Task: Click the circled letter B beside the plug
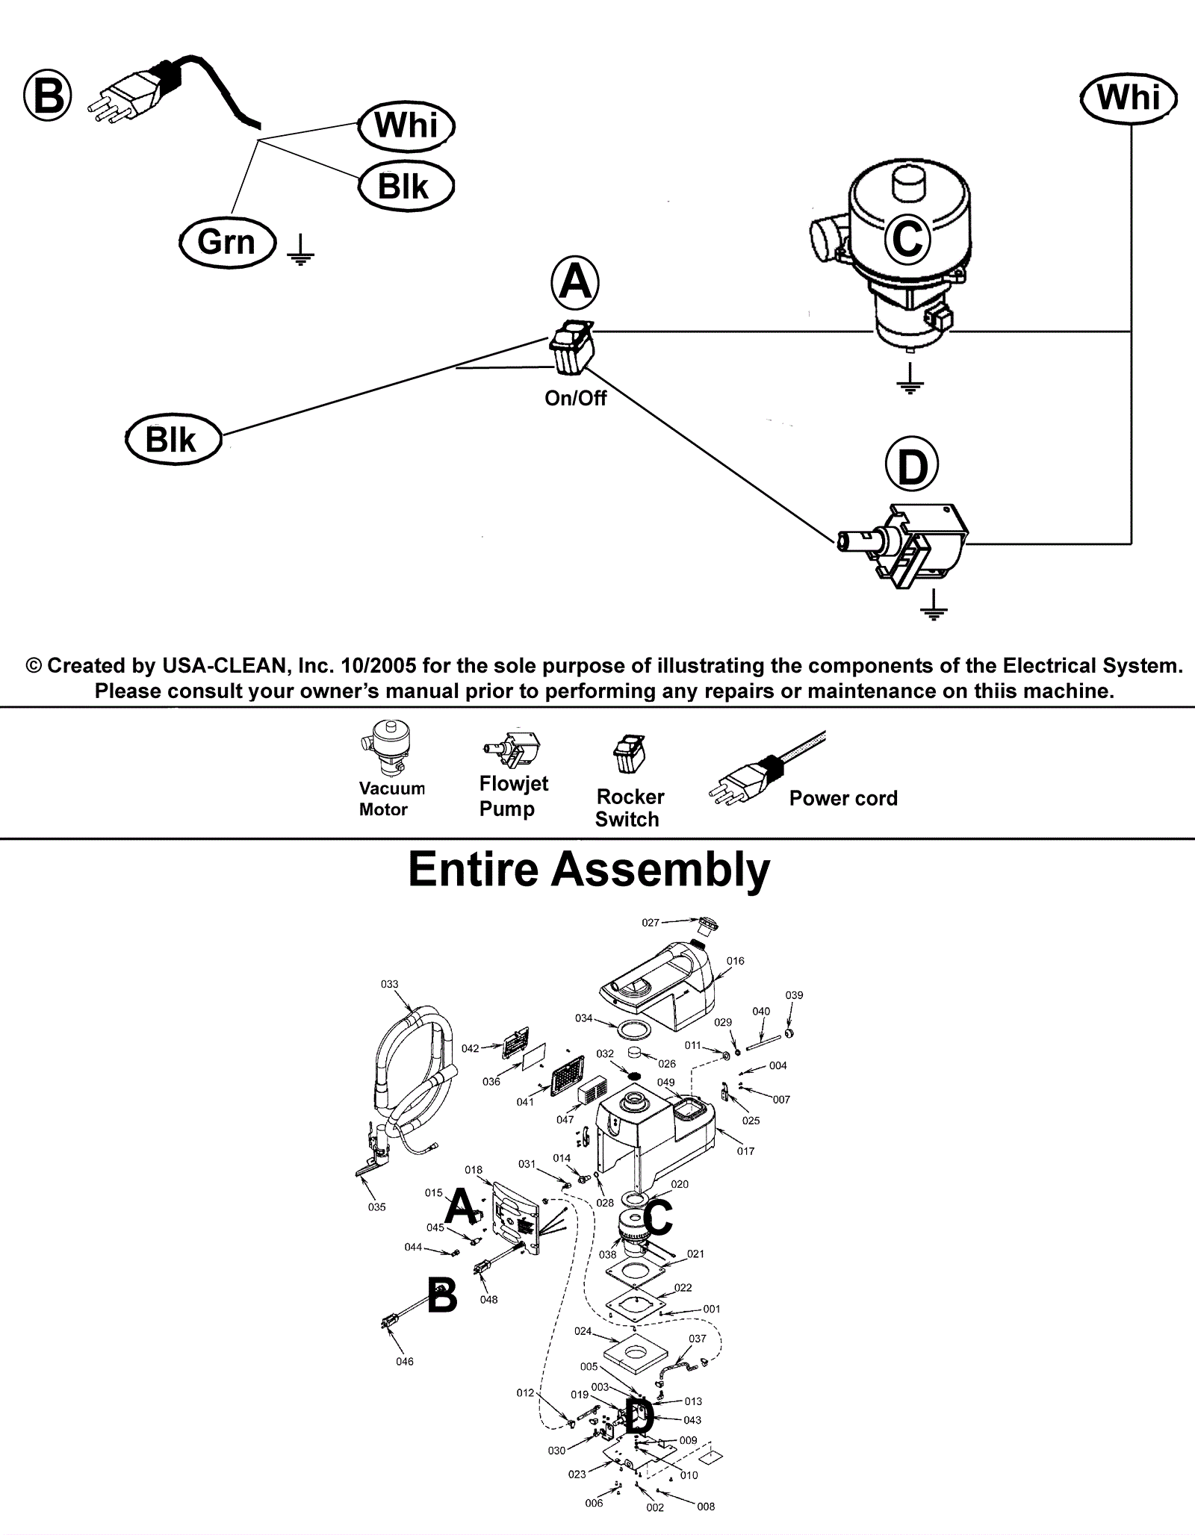(48, 96)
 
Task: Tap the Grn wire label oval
(227, 243)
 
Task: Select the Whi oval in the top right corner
(1129, 98)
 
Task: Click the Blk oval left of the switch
(173, 440)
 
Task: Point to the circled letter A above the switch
(574, 283)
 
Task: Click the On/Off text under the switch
(575, 399)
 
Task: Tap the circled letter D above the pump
(911, 467)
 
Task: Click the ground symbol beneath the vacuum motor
(910, 379)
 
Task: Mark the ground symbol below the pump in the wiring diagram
(933, 606)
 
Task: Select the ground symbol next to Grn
(300, 250)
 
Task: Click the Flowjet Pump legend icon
(512, 749)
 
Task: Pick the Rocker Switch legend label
(630, 808)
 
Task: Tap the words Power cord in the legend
(843, 798)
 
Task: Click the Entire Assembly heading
(589, 870)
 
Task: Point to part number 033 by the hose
(390, 984)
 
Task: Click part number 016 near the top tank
(736, 961)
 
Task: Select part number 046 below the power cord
(405, 1362)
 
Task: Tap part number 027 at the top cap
(651, 923)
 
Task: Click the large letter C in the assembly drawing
(657, 1218)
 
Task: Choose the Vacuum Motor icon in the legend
(387, 749)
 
